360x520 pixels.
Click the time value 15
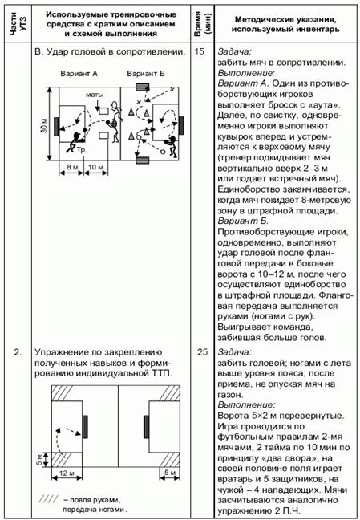(x=200, y=52)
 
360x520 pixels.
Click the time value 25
(x=202, y=351)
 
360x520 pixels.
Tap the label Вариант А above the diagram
(x=79, y=74)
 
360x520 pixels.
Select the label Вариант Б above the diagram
(x=146, y=74)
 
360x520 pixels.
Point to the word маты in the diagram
(x=95, y=95)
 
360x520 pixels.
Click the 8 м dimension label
(x=71, y=167)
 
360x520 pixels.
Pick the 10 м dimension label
(x=96, y=167)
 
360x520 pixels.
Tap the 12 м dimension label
(x=67, y=473)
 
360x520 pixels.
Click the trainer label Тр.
(x=82, y=150)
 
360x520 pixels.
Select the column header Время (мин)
(x=202, y=24)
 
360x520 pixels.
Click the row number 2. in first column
(x=17, y=352)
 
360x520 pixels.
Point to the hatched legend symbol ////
(x=48, y=498)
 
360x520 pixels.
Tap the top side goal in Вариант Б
(x=142, y=87)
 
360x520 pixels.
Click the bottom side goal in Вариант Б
(x=142, y=160)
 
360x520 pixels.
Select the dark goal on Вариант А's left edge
(x=57, y=126)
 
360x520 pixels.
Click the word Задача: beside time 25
(x=235, y=351)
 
